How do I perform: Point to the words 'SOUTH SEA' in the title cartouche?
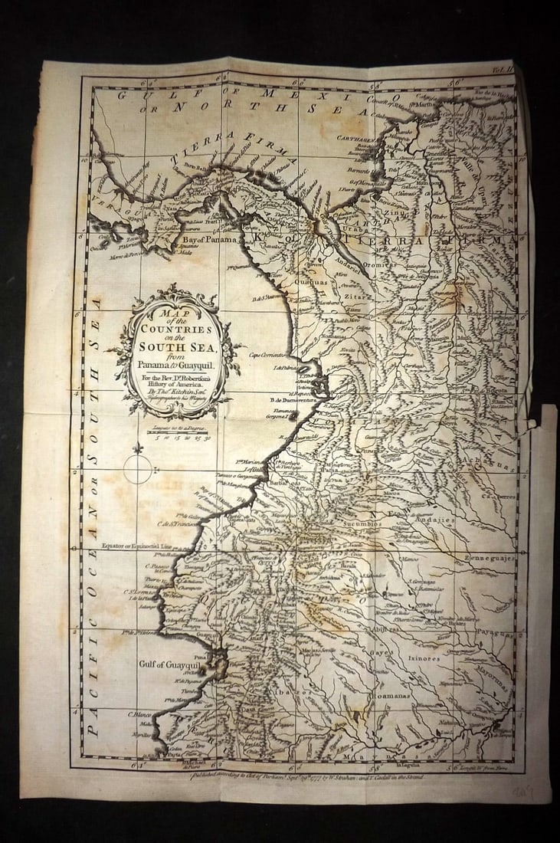pos(176,344)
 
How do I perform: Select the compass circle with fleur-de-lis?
pos(138,469)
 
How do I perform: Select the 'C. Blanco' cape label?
pos(138,711)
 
